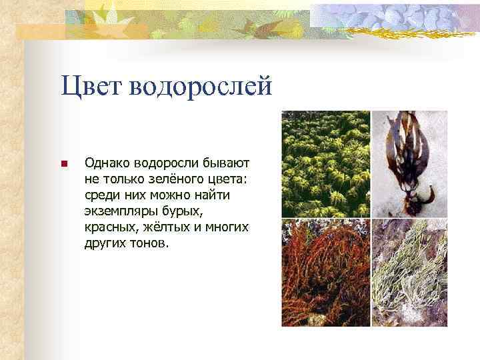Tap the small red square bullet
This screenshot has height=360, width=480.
pyautogui.click(x=63, y=164)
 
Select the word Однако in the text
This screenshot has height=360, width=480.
pyautogui.click(x=107, y=163)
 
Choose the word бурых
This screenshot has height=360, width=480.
pyautogui.click(x=183, y=211)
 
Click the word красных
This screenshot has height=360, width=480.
pyautogui.click(x=108, y=227)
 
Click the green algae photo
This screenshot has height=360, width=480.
pyautogui.click(x=325, y=163)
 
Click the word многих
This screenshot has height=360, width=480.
pyautogui.click(x=226, y=227)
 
